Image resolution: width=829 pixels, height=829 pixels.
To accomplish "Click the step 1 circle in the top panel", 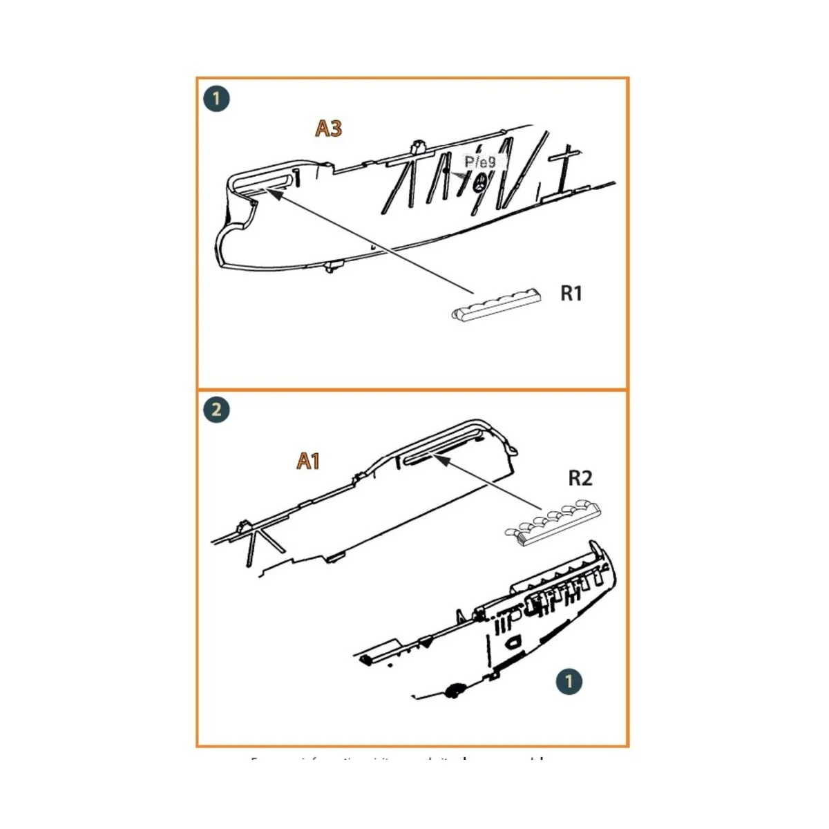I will point(216,99).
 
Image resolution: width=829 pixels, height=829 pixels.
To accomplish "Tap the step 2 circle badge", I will point(216,410).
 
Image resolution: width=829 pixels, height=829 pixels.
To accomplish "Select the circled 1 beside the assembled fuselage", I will point(569,681).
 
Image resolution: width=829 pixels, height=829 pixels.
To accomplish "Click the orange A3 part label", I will point(329,128).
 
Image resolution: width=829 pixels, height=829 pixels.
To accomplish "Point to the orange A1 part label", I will point(308,461).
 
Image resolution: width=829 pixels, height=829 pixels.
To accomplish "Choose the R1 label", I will point(571,294).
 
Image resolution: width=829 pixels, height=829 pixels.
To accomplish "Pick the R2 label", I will point(580,477).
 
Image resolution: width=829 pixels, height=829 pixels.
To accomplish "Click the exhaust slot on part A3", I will point(263,182).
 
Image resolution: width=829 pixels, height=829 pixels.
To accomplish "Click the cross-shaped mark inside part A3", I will point(566,165).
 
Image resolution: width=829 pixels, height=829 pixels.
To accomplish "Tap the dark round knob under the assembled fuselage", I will point(455,689).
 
